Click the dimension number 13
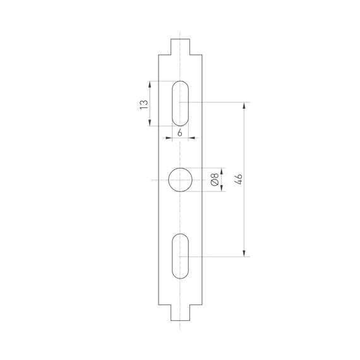(144, 104)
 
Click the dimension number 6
(180, 132)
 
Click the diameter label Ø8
(215, 180)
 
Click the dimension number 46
(238, 179)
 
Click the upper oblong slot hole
(180, 103)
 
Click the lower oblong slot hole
(180, 256)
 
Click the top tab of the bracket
(180, 45)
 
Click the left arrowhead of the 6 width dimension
(168, 137)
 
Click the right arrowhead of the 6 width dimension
(192, 137)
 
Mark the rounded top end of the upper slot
(180, 83)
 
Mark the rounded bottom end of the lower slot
(180, 277)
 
